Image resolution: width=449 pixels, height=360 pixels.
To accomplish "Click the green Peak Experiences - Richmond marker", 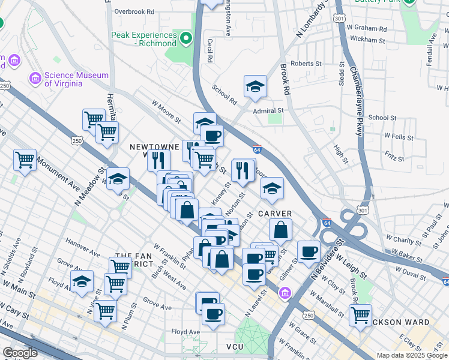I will pyautogui.click(x=186, y=40).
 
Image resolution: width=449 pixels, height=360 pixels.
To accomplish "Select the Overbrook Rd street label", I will pyautogui.click(x=134, y=11).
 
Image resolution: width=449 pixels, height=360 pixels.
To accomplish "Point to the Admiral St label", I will pyautogui.click(x=268, y=111).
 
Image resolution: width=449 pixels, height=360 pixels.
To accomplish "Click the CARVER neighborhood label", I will pyautogui.click(x=275, y=214).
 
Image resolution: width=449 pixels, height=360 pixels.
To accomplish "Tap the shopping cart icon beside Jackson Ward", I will pyautogui.click(x=360, y=314).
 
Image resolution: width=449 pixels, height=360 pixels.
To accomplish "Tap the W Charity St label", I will pyautogui.click(x=405, y=241).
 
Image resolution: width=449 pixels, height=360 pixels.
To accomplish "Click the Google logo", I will pyautogui.click(x=20, y=353).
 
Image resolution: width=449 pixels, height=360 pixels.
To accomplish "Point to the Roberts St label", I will pyautogui.click(x=306, y=64).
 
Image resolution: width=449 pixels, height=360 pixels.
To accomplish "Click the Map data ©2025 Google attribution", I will pyautogui.click(x=411, y=355).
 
